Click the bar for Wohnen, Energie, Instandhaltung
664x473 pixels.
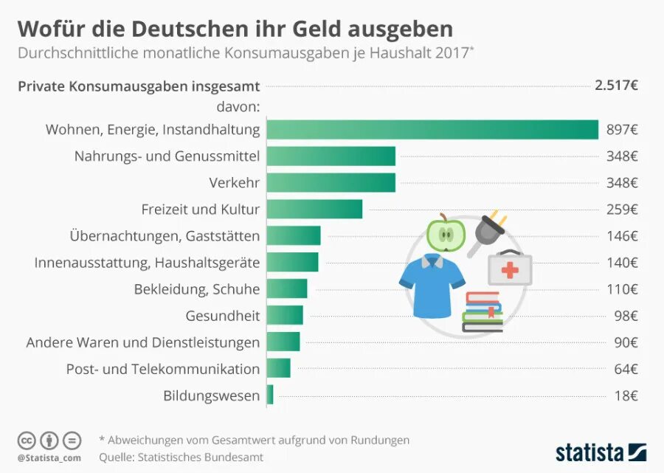[432, 129]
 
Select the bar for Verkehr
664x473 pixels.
[331, 182]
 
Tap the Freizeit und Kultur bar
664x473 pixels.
[314, 209]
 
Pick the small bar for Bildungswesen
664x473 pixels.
[270, 395]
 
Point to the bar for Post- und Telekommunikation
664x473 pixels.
[278, 368]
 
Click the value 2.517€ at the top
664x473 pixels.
[616, 85]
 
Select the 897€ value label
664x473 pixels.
[622, 130]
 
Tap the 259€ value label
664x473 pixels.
[622, 210]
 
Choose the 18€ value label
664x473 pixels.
[626, 396]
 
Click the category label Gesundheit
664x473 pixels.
[223, 316]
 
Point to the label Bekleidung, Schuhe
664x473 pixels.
[197, 289]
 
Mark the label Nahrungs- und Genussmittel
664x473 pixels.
[167, 156]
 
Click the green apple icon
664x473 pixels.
[446, 233]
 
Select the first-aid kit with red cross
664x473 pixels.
[509, 268]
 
